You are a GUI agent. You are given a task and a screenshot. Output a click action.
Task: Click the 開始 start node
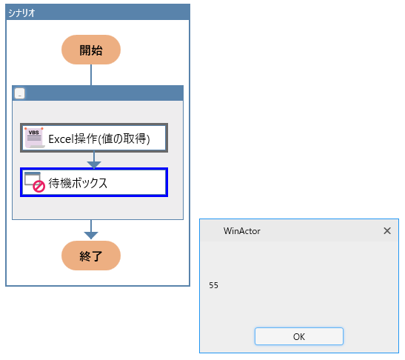coord(91,50)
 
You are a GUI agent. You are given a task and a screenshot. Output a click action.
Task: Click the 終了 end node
coord(91,256)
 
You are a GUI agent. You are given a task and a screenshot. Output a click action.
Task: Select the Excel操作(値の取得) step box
coord(94,138)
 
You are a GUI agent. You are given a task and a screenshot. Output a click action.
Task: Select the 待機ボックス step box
coord(94,182)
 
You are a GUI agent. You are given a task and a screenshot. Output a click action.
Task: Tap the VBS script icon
coord(35,138)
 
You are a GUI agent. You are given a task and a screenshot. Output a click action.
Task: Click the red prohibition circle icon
coord(39,186)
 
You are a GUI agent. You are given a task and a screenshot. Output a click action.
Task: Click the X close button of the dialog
coord(387,231)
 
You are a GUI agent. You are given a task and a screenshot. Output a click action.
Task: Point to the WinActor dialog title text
coord(242,231)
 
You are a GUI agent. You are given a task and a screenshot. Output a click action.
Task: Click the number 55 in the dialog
coord(214,285)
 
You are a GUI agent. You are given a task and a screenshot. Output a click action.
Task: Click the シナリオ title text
coord(21,13)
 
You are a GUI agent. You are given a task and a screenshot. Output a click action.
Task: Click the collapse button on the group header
coord(20,93)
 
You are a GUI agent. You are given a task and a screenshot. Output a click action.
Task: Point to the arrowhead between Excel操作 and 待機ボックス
coord(94,165)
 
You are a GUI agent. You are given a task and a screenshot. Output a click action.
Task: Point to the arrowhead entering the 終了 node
coord(91,236)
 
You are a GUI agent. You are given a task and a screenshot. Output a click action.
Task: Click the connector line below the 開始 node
coord(91,75)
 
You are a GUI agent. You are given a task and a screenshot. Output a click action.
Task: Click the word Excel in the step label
coord(61,139)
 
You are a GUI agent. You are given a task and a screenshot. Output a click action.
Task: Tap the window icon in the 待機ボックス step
coord(33,179)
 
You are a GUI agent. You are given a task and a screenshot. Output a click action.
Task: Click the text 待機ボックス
coord(78,183)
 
